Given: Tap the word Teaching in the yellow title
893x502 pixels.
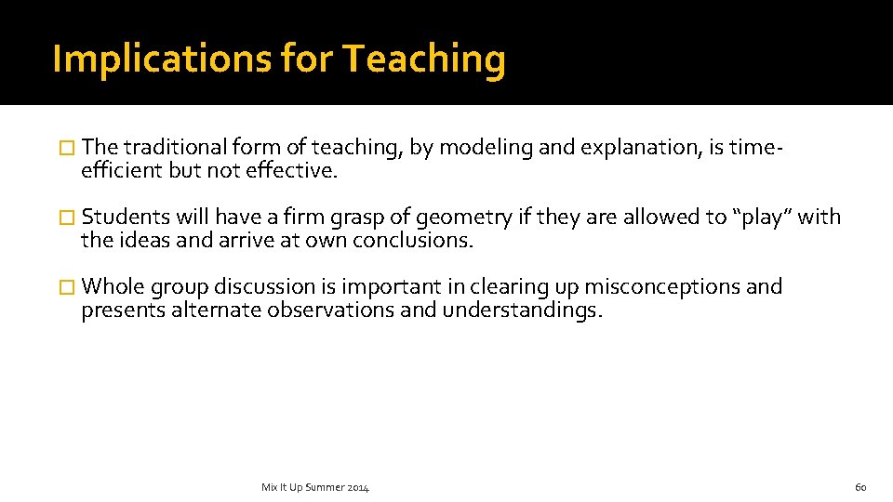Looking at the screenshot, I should [x=424, y=59].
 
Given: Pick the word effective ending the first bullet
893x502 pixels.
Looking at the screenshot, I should [x=291, y=170].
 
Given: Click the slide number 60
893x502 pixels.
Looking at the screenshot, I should [x=860, y=487].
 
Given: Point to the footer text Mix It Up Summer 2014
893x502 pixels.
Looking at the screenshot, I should [x=315, y=487].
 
